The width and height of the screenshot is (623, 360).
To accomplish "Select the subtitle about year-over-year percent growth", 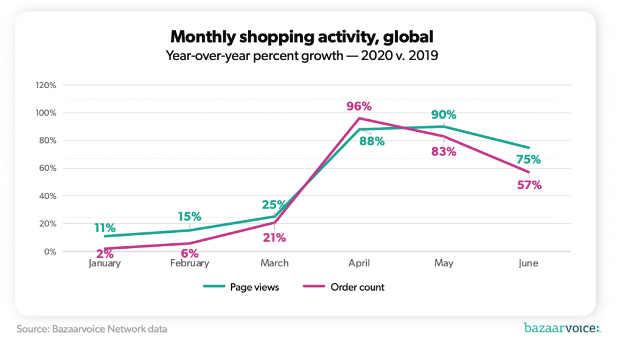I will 302,57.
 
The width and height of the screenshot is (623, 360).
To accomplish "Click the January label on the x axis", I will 105,263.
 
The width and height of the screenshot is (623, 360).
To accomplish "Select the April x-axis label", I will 359,263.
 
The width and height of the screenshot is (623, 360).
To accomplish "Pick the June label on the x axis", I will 528,263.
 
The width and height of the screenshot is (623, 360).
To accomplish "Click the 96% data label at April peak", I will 358,106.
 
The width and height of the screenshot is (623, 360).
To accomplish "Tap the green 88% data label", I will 372,142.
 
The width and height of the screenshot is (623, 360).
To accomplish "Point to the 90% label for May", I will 444,115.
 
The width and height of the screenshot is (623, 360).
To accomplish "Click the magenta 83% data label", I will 444,152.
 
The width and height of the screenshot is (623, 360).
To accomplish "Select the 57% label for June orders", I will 529,185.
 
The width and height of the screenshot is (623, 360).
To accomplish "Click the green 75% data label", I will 529,160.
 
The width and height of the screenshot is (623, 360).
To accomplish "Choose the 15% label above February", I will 189,216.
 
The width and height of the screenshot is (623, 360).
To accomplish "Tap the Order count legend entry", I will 344,287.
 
